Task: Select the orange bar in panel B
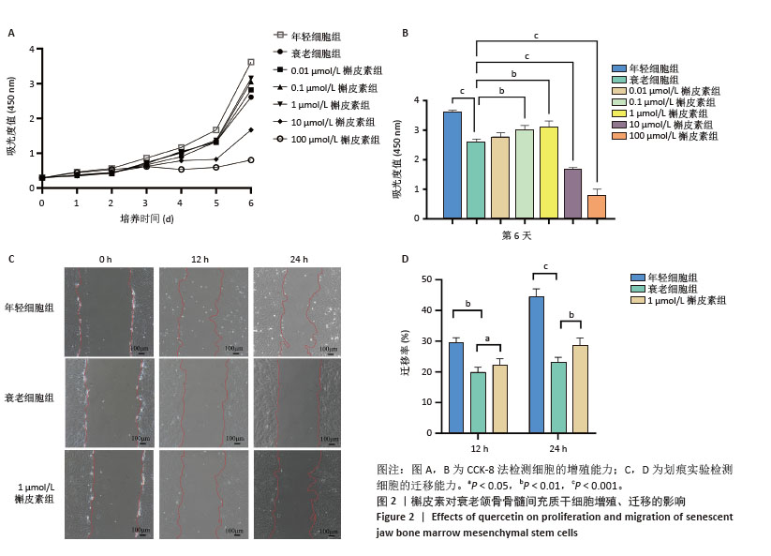pos(596,207)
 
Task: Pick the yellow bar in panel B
pos(548,173)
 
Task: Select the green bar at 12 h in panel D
pos(478,402)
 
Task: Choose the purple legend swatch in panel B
pos(619,125)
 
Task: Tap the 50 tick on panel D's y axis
pos(426,279)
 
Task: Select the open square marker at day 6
pos(250,63)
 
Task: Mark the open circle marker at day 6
pos(250,160)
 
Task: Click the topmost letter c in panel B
pos(536,35)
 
